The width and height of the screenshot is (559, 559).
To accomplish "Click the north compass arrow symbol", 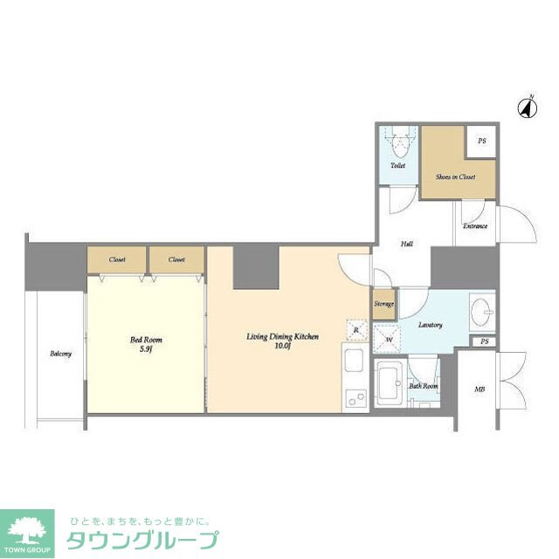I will (527, 107).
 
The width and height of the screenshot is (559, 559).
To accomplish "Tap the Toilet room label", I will (398, 165).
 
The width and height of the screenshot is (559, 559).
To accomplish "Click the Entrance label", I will (474, 226).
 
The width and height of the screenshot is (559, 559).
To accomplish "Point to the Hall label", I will (407, 245).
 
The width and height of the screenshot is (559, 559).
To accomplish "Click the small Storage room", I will (383, 304).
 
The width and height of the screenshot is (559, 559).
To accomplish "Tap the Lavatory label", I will (430, 325).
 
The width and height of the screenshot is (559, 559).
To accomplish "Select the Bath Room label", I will (425, 386).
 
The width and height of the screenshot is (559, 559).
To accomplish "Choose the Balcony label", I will (60, 353).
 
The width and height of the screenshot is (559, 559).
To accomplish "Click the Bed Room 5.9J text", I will (147, 344).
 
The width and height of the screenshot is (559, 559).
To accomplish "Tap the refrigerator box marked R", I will (356, 329).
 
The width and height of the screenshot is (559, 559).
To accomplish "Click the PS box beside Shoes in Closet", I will (482, 141).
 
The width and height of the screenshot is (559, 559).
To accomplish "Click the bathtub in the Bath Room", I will (389, 383).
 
